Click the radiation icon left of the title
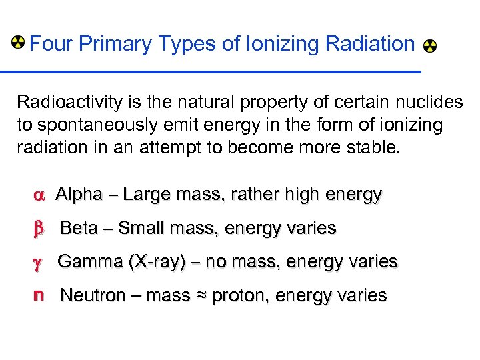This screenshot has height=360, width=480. pyautogui.click(x=19, y=43)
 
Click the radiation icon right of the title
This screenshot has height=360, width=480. pyautogui.click(x=431, y=46)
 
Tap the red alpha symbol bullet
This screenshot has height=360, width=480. pyautogui.click(x=37, y=195)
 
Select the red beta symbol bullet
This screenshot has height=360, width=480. pyautogui.click(x=38, y=229)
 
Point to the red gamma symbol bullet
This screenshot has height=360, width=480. pyautogui.click(x=37, y=262)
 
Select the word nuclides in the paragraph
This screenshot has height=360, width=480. pyautogui.click(x=429, y=102)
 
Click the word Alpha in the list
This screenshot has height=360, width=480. pyautogui.click(x=79, y=195)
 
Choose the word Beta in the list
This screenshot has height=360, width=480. pyautogui.click(x=79, y=228)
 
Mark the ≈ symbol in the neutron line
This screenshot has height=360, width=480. pyautogui.click(x=201, y=296)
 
